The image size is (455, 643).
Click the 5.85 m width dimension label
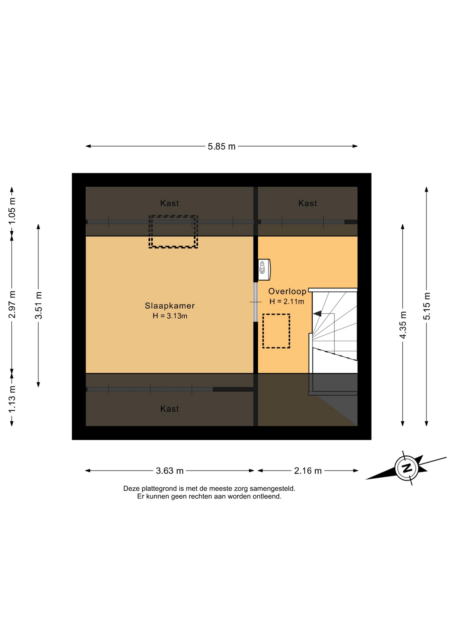click(x=221, y=146)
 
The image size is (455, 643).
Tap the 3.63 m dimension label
click(x=170, y=471)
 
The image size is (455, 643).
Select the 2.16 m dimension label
click(x=308, y=471)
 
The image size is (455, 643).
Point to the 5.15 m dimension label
click(x=427, y=306)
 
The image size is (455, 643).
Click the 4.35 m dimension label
click(x=403, y=325)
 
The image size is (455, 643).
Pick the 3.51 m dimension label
click(x=39, y=305)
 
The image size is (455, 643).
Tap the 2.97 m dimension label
click(x=12, y=304)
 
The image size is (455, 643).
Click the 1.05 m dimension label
click(x=12, y=211)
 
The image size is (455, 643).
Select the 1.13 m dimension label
click(x=12, y=399)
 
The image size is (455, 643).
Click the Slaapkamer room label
click(x=170, y=306)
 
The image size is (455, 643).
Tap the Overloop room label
click(x=287, y=291)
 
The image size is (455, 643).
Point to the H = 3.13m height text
click(x=170, y=316)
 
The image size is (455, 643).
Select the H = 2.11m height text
click(x=287, y=301)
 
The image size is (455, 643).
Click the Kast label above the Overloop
click(x=308, y=203)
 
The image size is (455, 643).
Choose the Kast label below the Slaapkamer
click(x=170, y=409)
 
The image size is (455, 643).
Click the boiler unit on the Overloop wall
click(x=264, y=269)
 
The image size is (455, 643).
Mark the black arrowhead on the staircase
click(x=317, y=314)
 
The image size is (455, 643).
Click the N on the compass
click(x=407, y=468)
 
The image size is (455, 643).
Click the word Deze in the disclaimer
click(x=131, y=489)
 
